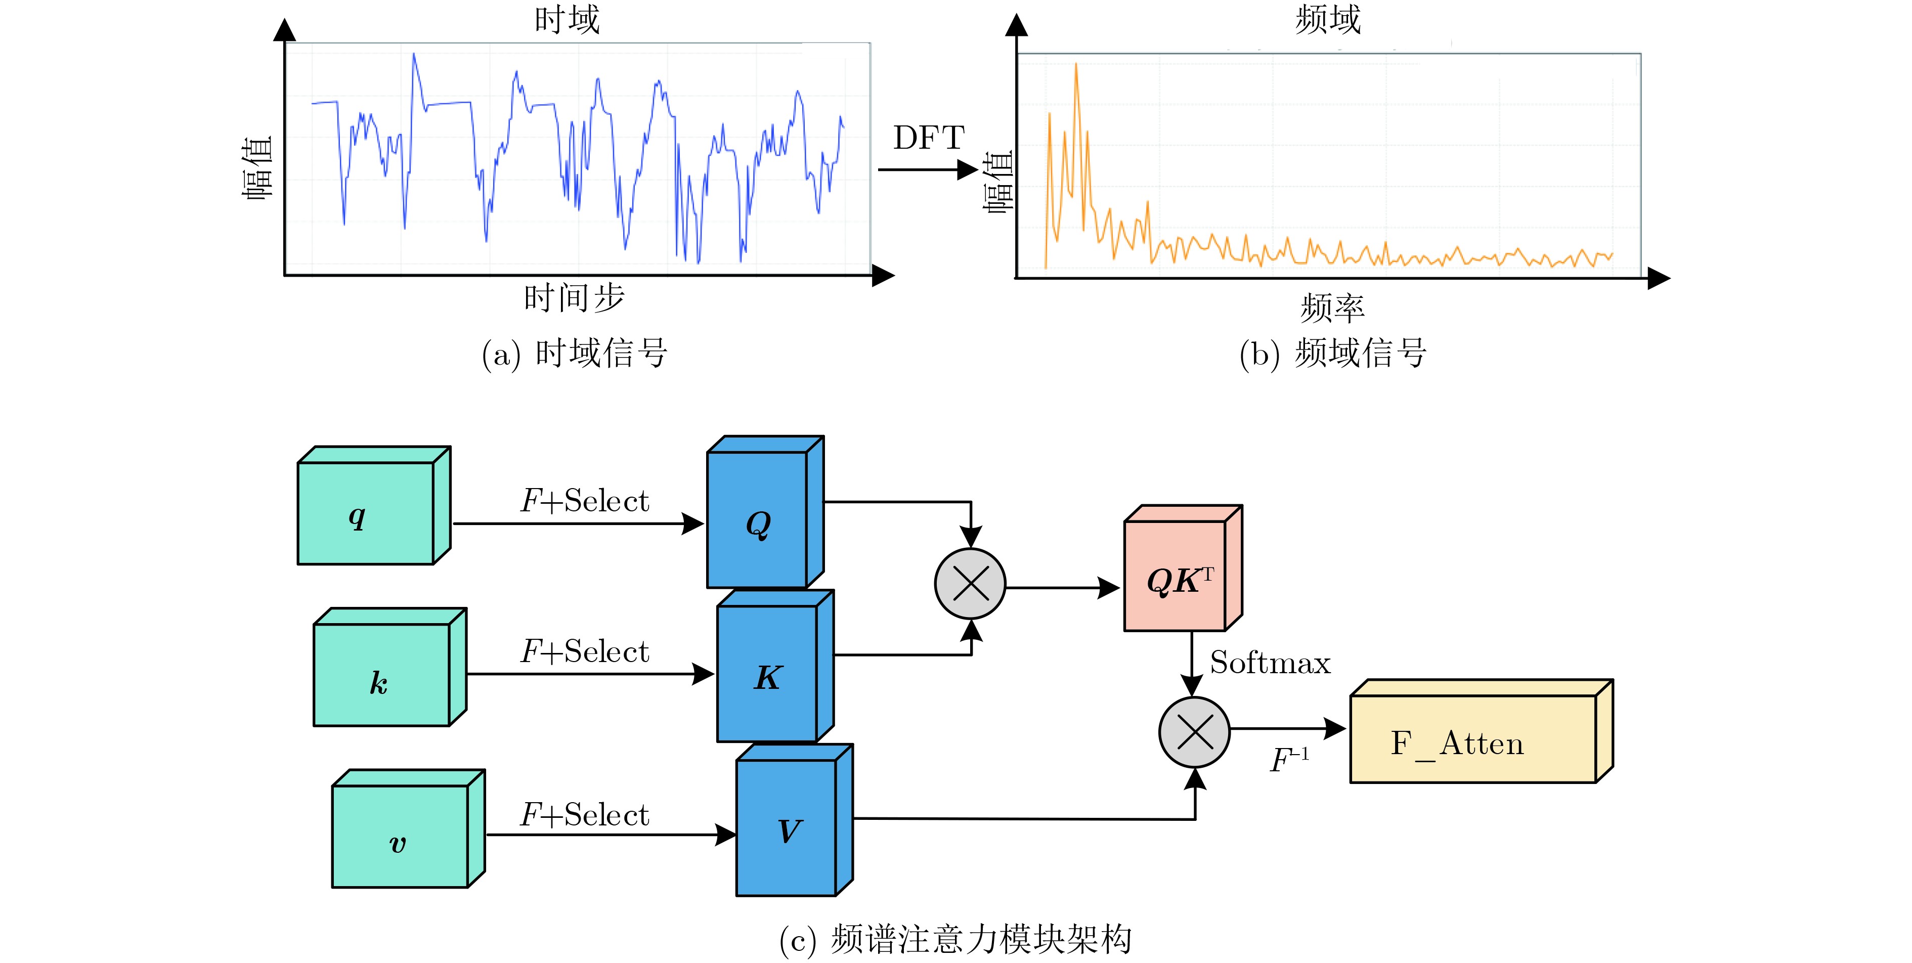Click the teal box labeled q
tap(366, 513)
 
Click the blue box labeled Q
tap(758, 520)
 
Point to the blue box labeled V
tap(787, 827)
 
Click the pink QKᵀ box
tap(1176, 576)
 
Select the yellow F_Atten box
tap(1472, 739)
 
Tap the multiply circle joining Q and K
tap(970, 584)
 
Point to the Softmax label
tap(1270, 663)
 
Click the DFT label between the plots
tap(929, 138)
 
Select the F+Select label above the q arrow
tap(585, 501)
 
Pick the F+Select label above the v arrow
tap(585, 815)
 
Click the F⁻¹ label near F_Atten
tap(1289, 760)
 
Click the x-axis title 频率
tap(1332, 307)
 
